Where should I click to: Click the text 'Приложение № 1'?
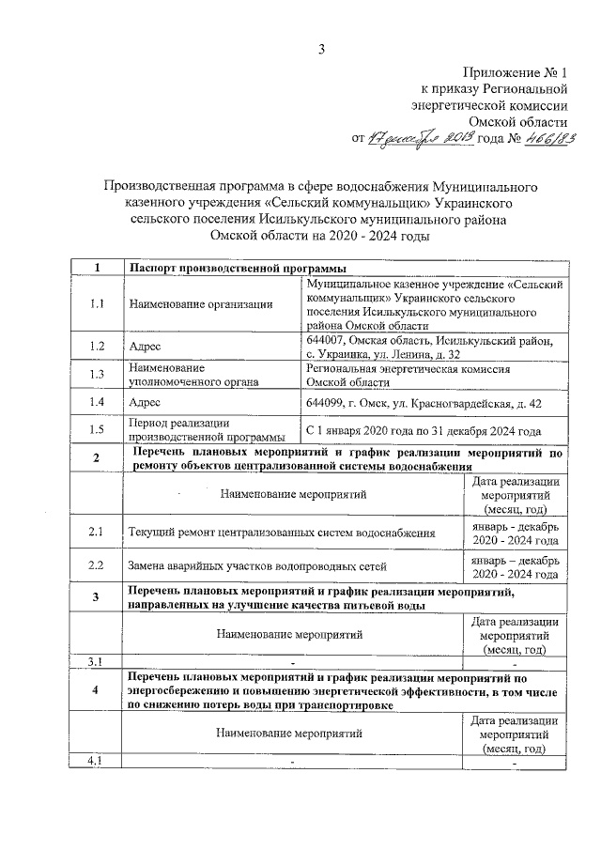tap(517, 72)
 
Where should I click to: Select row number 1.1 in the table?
tap(97, 303)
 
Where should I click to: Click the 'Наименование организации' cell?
tap(202, 303)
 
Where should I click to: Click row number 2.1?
tap(97, 532)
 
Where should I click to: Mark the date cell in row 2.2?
tap(516, 566)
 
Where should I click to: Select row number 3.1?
tap(97, 663)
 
